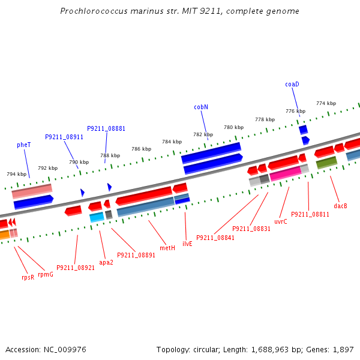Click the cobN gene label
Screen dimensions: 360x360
click(201, 107)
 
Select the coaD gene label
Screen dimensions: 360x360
click(292, 85)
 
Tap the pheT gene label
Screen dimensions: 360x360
click(24, 145)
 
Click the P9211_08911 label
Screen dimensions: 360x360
click(64, 137)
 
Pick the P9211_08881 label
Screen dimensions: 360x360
click(106, 128)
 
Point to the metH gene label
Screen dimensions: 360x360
click(167, 248)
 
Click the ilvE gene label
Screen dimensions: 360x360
click(187, 244)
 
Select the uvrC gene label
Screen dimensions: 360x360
click(281, 221)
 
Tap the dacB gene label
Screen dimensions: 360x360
click(341, 206)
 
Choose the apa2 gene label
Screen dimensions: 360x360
click(106, 262)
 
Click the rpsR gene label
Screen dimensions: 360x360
click(28, 277)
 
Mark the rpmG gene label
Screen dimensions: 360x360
click(46, 274)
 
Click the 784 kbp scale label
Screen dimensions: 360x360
click(172, 142)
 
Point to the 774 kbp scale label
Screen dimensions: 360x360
click(326, 103)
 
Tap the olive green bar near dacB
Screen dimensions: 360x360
click(326, 162)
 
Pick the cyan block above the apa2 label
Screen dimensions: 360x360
click(97, 217)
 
